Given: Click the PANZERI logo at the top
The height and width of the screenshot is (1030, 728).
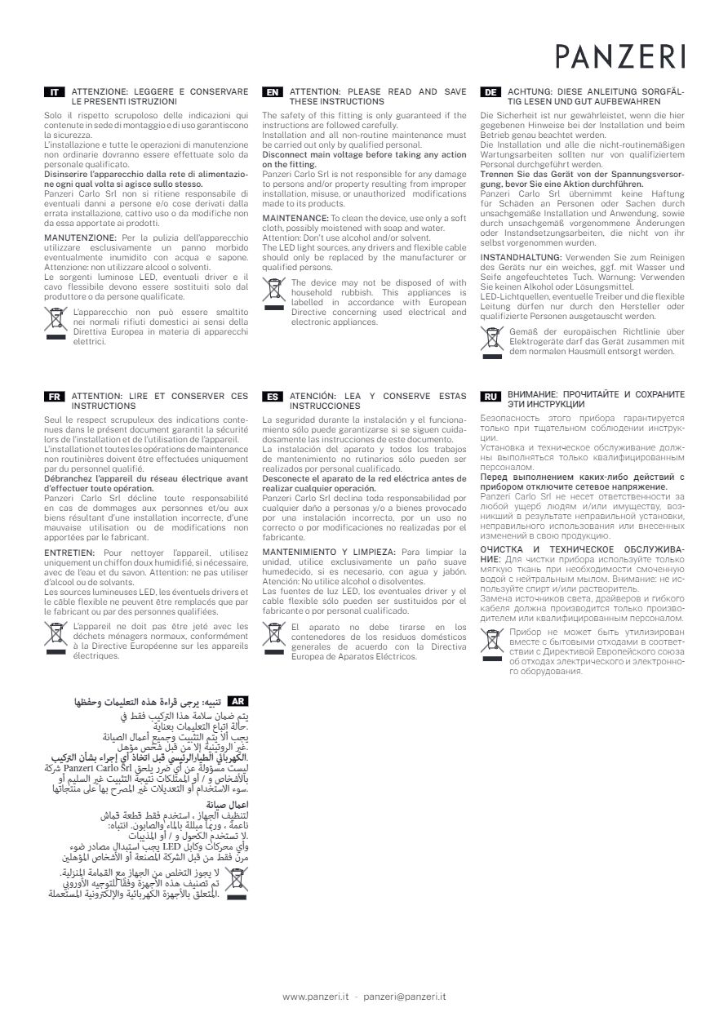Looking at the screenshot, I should [x=620, y=55].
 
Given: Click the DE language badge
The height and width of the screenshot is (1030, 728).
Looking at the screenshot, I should [x=491, y=92].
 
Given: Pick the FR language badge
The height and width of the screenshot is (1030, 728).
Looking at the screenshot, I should [x=54, y=396].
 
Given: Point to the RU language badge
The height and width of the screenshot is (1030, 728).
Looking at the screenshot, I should [x=491, y=396].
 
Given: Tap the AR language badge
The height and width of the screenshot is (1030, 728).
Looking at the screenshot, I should [x=237, y=701].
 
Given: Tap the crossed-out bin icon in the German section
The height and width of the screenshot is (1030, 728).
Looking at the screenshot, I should [x=491, y=340].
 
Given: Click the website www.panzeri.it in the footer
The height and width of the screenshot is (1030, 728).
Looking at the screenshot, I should [x=316, y=996].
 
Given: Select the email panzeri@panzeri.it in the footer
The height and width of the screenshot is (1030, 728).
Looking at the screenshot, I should [x=404, y=996].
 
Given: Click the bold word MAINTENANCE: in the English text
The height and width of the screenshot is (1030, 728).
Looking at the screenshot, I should [x=295, y=219].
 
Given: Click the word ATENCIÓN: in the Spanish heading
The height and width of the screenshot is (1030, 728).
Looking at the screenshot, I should [x=313, y=396].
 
